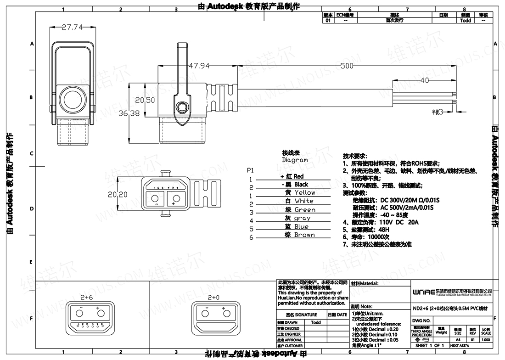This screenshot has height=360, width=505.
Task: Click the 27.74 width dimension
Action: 73,28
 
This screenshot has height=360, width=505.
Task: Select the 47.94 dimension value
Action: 199,66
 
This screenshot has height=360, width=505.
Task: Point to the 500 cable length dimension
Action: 347,66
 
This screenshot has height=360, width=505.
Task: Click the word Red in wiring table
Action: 298,176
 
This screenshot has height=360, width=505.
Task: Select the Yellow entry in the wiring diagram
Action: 304,193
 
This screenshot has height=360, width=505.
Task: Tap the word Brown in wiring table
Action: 304,235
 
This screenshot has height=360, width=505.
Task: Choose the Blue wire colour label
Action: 301,227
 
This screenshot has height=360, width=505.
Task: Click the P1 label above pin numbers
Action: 250,170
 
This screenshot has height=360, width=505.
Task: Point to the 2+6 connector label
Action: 86,298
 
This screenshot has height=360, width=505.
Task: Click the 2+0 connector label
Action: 213,298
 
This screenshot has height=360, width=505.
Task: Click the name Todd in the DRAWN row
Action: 316,322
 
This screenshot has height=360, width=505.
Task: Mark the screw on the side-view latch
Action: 183,107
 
